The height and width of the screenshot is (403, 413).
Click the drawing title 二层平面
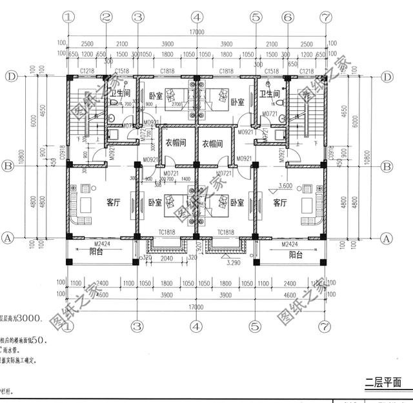(383, 382)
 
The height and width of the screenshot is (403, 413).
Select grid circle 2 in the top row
(107, 17)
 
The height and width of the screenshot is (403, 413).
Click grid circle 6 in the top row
(287, 17)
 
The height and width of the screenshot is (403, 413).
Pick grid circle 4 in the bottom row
(196, 326)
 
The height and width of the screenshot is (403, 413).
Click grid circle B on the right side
(387, 167)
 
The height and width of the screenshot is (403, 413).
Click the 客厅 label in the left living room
(113, 202)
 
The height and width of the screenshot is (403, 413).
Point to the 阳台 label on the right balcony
(296, 254)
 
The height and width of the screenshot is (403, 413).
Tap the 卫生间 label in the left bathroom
(119, 94)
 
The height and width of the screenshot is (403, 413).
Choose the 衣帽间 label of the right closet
(212, 143)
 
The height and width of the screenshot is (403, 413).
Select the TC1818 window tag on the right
(226, 231)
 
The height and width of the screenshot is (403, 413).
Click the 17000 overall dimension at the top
(196, 32)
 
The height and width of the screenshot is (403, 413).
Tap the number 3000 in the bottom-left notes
(28, 318)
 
